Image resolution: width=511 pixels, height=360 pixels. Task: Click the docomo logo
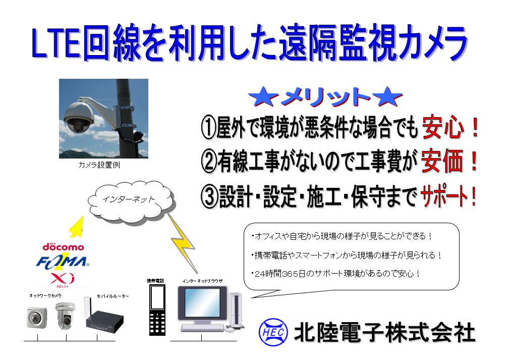pyautogui.click(x=63, y=247)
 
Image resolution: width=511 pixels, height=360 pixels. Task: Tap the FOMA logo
pyautogui.click(x=62, y=262)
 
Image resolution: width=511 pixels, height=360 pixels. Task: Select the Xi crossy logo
pyautogui.click(x=63, y=280)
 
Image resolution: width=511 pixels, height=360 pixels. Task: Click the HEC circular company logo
pyautogui.click(x=273, y=332)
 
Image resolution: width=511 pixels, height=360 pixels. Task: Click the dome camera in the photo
pyautogui.click(x=79, y=118)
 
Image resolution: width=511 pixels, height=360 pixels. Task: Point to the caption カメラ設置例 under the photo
pyautogui.click(x=99, y=165)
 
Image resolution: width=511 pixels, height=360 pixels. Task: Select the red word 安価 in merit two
pyautogui.click(x=442, y=161)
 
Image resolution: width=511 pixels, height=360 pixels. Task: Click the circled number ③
pyautogui.click(x=209, y=196)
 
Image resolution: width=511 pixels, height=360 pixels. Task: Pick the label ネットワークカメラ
pyautogui.click(x=45, y=296)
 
